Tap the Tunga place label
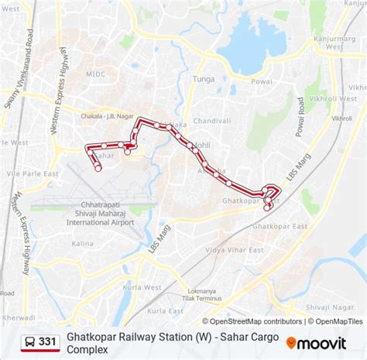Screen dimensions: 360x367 point(204,78)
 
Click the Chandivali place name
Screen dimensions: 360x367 point(212,121)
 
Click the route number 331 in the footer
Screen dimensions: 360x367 point(47,341)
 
